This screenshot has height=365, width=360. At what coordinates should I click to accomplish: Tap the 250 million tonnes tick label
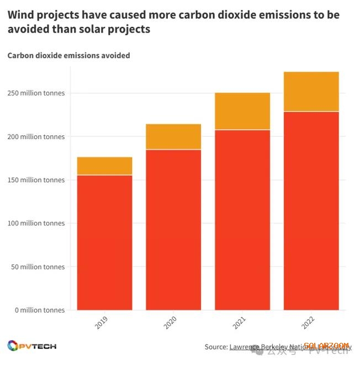(x=36, y=93)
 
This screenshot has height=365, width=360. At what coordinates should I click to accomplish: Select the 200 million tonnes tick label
(x=36, y=136)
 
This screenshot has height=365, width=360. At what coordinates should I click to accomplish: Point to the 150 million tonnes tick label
(x=36, y=180)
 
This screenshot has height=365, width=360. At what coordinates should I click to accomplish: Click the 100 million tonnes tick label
(x=36, y=224)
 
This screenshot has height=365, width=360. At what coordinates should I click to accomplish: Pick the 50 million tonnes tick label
(x=38, y=267)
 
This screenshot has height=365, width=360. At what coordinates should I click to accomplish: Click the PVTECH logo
(x=32, y=346)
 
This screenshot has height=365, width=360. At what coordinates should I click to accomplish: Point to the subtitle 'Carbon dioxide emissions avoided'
(x=68, y=56)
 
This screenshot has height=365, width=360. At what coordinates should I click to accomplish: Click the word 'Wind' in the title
(x=20, y=15)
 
